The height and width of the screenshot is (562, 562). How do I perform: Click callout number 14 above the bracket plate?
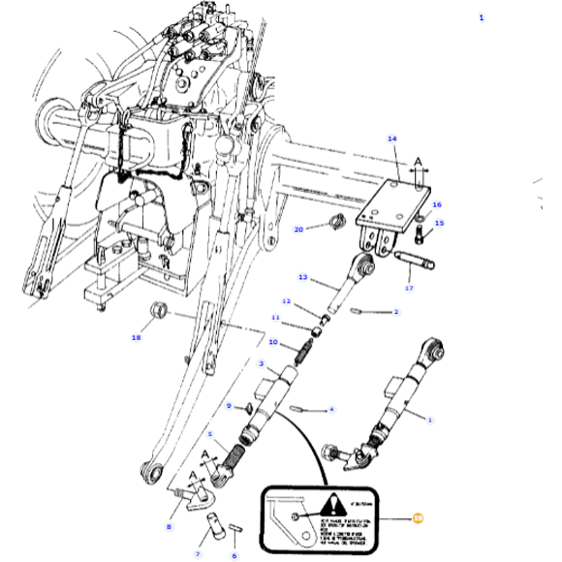click(x=392, y=139)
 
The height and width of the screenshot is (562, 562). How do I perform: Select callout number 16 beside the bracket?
click(x=437, y=205)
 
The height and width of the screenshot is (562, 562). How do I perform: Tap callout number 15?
click(x=439, y=224)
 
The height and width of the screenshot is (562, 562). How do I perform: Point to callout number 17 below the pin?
click(x=409, y=288)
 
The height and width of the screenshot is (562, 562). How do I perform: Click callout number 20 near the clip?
click(x=298, y=229)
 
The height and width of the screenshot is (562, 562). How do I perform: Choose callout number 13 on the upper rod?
click(x=302, y=278)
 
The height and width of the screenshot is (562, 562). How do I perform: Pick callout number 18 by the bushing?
click(x=137, y=337)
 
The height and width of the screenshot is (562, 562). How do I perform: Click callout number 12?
click(x=287, y=302)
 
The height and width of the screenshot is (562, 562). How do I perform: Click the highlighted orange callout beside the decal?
click(x=419, y=518)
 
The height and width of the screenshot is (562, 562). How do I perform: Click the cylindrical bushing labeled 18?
click(x=158, y=311)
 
